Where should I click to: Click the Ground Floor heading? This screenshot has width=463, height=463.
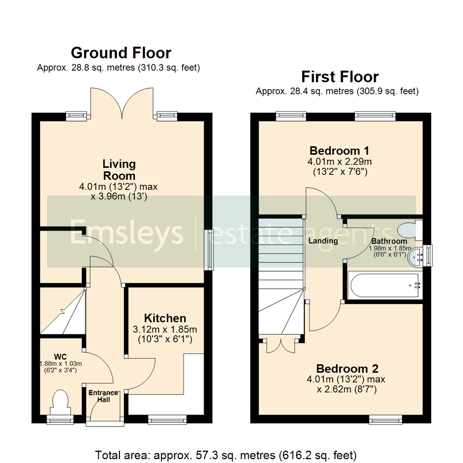click(121, 53)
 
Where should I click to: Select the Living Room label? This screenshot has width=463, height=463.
click(119, 170)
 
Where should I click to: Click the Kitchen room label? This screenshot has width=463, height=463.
click(165, 318)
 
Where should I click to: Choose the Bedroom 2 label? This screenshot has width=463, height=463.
click(347, 369)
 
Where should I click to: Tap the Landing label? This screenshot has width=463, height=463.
click(323, 241)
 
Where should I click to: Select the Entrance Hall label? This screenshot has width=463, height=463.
click(103, 397)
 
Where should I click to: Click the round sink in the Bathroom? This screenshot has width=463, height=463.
click(416, 257)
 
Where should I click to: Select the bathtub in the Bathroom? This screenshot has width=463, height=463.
click(385, 285)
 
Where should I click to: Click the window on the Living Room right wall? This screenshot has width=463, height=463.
click(209, 250)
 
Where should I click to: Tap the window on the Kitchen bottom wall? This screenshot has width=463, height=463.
click(168, 418)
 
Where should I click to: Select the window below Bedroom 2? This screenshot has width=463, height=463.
click(386, 418)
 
